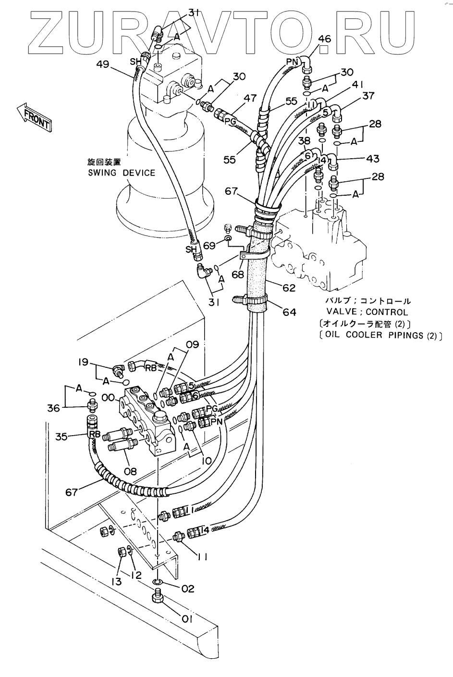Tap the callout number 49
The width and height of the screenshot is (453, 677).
coord(103,64)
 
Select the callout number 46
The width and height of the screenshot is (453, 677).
coord(325,39)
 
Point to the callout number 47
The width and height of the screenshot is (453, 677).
coord(250,98)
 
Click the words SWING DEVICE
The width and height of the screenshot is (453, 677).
coord(122,173)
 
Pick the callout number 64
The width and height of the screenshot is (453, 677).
coord(290,312)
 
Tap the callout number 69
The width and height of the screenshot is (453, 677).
coord(209,245)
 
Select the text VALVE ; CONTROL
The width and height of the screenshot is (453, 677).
coord(367,312)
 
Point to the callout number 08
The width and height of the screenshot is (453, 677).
coord(130,471)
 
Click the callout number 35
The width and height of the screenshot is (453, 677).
coord(61,437)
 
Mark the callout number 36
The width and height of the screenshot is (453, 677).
coord(53,408)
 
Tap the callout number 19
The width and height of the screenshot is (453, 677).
coord(84,362)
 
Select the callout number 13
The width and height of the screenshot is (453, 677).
coord(116,581)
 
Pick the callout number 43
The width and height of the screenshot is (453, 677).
coord(372,158)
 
